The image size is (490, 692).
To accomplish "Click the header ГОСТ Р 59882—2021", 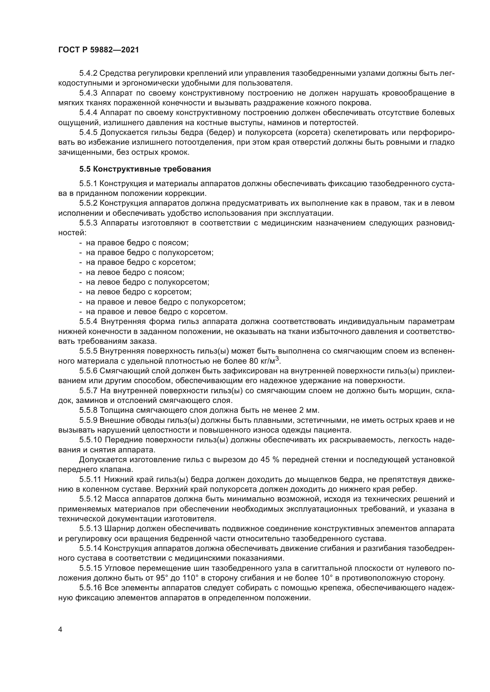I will pos(99,50).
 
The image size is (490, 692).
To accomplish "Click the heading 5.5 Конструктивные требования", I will pos(145,169).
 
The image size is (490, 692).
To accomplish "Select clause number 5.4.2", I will pos(88,73).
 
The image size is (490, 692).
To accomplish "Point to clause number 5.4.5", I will pos(88,133).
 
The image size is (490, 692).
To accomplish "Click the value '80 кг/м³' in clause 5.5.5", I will pos(264,361).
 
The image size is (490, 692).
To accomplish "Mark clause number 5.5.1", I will pos(88,183).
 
